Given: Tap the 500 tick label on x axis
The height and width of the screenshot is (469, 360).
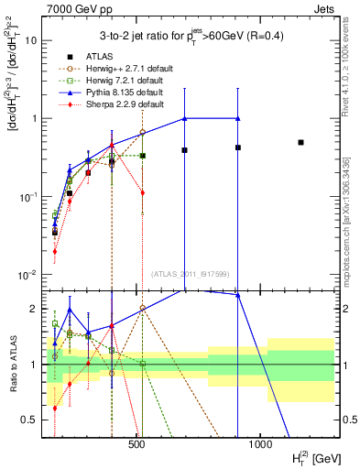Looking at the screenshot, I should [136, 446].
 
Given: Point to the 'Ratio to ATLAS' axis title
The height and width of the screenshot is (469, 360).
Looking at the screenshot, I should [11, 363].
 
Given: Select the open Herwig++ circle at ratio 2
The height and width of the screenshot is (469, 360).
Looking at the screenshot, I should [142, 308].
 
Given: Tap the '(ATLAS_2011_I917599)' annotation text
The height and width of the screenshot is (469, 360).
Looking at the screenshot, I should [190, 274].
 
